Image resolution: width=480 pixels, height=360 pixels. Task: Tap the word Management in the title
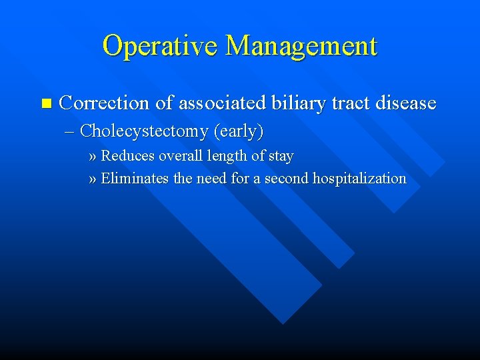point(301,46)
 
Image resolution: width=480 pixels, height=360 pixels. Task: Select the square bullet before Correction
point(45,103)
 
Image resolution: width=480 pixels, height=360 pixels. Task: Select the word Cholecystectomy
point(144,131)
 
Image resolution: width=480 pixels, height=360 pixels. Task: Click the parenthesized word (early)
point(239,131)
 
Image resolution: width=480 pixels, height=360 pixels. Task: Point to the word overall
point(179,156)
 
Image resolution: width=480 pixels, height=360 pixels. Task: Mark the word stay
point(280,157)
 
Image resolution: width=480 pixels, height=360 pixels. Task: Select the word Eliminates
point(135,178)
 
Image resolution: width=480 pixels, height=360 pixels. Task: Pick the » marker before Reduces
point(93,157)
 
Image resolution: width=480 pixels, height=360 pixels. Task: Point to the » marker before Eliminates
point(93,179)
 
